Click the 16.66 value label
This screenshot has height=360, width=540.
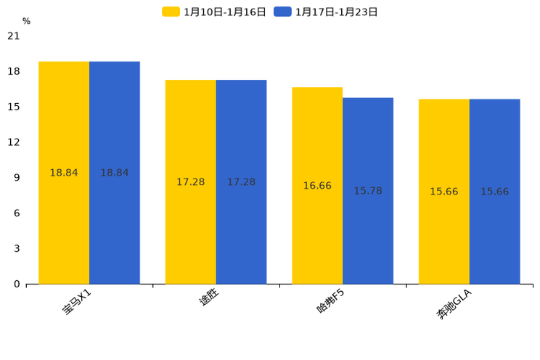[317, 186]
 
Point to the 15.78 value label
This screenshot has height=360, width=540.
[368, 191]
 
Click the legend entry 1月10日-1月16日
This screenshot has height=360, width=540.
[214, 12]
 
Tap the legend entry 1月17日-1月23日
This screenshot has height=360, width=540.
[326, 12]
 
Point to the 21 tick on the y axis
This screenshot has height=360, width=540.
[14, 36]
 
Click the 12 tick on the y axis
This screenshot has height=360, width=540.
[14, 142]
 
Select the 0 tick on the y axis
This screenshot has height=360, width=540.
[17, 284]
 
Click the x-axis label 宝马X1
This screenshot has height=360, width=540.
[76, 301]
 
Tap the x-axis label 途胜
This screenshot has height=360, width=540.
[209, 297]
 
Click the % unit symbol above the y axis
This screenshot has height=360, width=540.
[26, 22]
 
